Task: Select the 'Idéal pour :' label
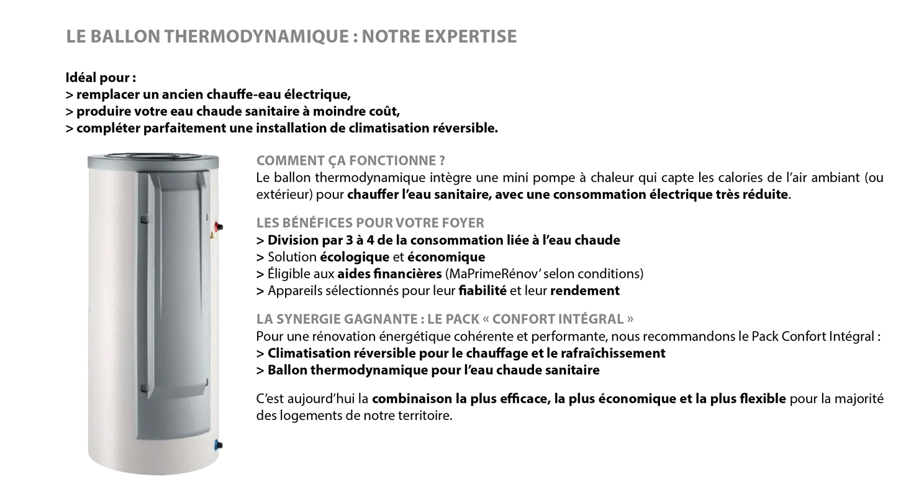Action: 101,78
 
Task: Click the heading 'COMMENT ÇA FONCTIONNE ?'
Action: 351,161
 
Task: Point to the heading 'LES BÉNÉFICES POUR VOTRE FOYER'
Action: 370,223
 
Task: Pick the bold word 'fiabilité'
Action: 482,291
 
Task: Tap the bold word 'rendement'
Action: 584,291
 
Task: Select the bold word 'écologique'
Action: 354,257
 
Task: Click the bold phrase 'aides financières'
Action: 389,274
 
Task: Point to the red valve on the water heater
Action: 219,227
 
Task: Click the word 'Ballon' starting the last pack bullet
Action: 287,370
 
